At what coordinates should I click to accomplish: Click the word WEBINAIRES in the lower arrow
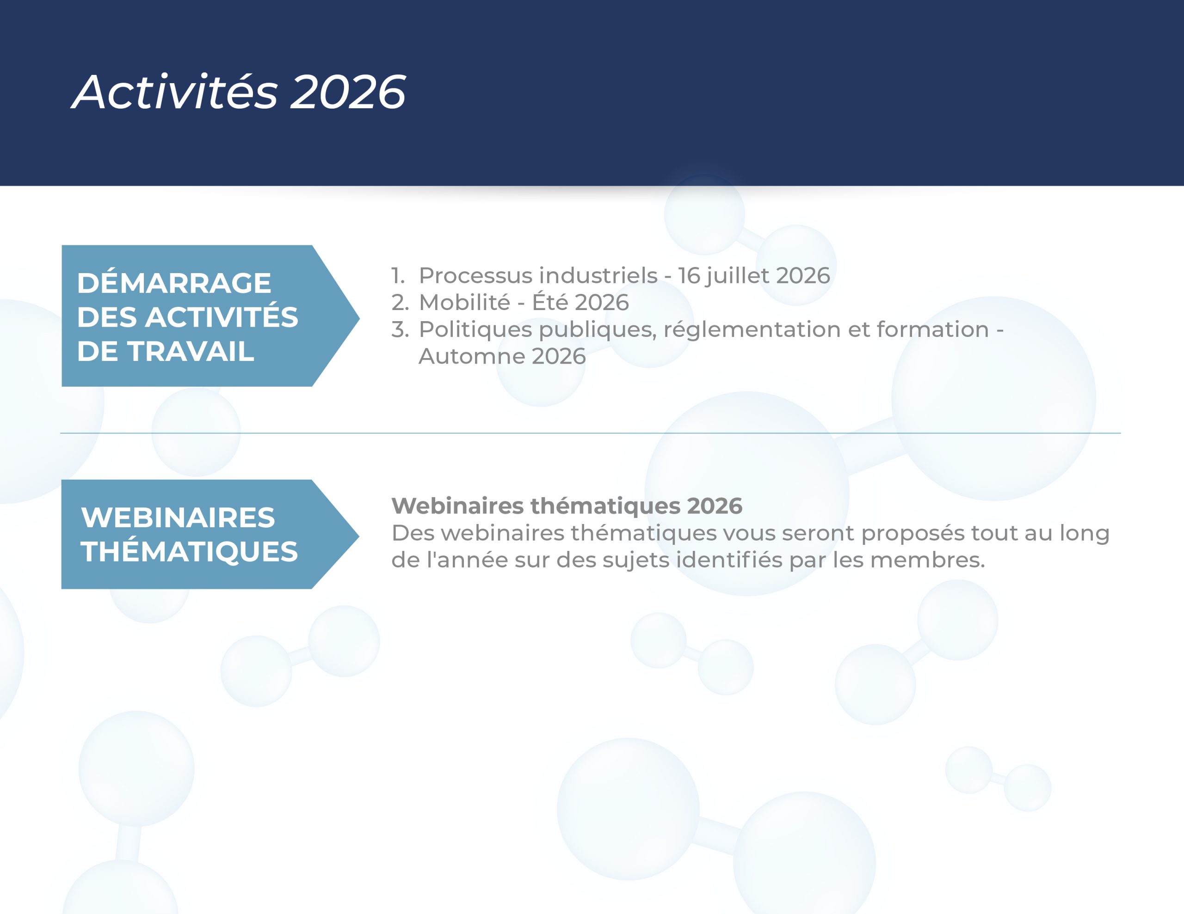click(178, 517)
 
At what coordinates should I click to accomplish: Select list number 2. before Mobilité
click(400, 302)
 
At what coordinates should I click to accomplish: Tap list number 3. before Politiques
click(400, 329)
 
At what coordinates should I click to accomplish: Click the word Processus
click(476, 276)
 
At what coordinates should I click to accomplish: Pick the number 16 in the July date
click(689, 276)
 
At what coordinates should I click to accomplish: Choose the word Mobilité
click(465, 302)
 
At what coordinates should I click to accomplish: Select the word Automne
click(472, 357)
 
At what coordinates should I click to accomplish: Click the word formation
click(932, 329)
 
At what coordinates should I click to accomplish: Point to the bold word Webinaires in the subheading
click(457, 506)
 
